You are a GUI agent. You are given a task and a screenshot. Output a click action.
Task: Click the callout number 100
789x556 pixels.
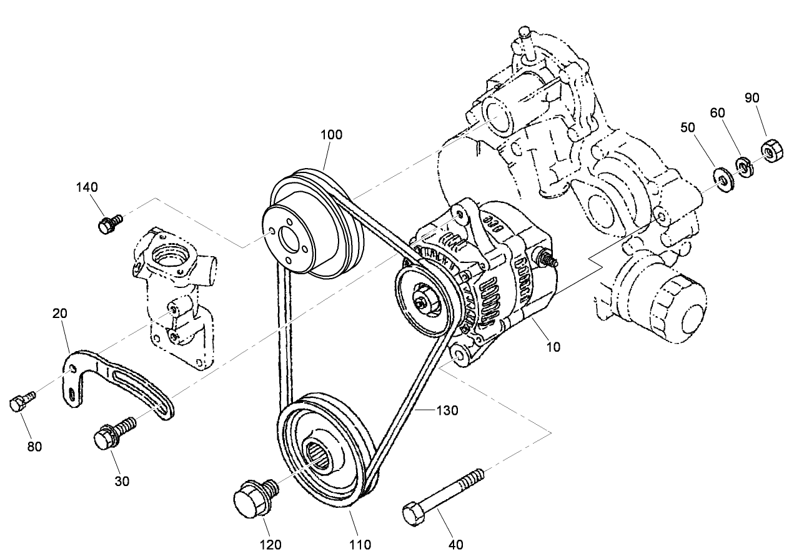point(331,134)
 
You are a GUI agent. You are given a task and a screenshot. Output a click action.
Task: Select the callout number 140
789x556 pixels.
point(87,187)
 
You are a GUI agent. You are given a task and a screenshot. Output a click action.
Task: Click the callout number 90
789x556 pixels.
point(752,98)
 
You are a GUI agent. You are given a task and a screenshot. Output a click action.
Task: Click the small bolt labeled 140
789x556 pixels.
point(109,222)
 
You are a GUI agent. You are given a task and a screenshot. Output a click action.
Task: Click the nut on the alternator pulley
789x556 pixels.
point(425,302)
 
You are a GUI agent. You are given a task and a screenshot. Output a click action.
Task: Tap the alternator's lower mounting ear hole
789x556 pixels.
point(459,355)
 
